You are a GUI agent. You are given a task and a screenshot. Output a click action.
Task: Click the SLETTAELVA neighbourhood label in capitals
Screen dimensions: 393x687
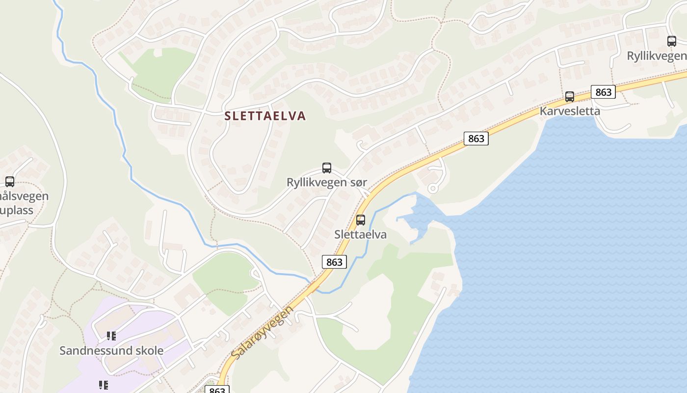[265, 116]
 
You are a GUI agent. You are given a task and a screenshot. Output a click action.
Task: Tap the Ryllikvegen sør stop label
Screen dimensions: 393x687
[326, 182]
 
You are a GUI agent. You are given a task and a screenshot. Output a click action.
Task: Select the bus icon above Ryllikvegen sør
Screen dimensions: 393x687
[327, 168]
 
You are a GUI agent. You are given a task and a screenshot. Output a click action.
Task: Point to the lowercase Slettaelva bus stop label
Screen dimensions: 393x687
[360, 234]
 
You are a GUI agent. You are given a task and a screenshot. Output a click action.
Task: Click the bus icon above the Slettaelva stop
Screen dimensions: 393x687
[361, 220]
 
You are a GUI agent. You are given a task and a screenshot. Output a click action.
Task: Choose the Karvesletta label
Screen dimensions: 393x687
[570, 111]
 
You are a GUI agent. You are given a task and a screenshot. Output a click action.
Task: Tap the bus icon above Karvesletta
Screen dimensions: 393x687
[570, 97]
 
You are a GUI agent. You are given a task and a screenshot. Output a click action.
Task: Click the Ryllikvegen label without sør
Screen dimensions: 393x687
[657, 56]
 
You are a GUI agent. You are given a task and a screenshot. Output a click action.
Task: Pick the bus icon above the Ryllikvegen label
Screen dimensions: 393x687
[672, 41]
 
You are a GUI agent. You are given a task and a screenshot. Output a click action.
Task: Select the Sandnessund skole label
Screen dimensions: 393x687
[111, 351]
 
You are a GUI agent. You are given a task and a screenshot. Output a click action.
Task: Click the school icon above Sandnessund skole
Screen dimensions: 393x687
[111, 336]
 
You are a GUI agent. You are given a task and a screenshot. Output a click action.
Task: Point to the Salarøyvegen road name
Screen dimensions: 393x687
[262, 332]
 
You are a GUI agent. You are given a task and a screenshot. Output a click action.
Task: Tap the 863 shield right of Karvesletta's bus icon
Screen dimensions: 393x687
[603, 92]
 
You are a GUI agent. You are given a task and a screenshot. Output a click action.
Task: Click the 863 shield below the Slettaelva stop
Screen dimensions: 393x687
[334, 262]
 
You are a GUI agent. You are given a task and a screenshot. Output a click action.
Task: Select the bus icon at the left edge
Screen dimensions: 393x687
[10, 182]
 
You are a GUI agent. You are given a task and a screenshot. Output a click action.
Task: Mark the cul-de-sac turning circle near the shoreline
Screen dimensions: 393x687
[433, 188]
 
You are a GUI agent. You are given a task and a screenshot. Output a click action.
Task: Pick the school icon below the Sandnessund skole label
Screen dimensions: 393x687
[103, 385]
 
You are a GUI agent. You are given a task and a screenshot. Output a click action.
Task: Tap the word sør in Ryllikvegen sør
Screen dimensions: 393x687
[358, 182]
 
